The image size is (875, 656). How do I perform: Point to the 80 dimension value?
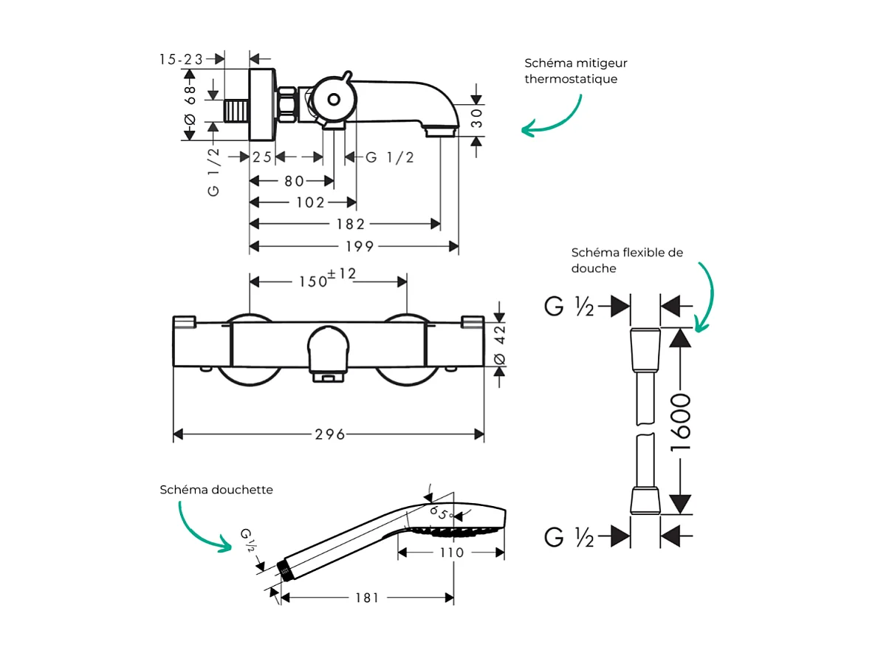pos(294,180)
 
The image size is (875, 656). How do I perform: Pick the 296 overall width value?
pos(330,434)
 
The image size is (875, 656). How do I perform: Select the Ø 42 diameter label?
pos(500,345)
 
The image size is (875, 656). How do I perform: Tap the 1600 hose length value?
pos(680,423)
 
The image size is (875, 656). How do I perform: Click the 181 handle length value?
pos(367,598)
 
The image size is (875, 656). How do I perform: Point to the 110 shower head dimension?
pos(451,553)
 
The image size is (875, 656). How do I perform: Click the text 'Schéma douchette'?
pos(216,490)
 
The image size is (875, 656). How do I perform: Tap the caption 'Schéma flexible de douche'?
pos(627,260)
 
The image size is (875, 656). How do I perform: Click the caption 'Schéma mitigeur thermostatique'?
pos(576,71)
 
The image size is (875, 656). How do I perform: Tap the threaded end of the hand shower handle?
pos(283,570)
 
